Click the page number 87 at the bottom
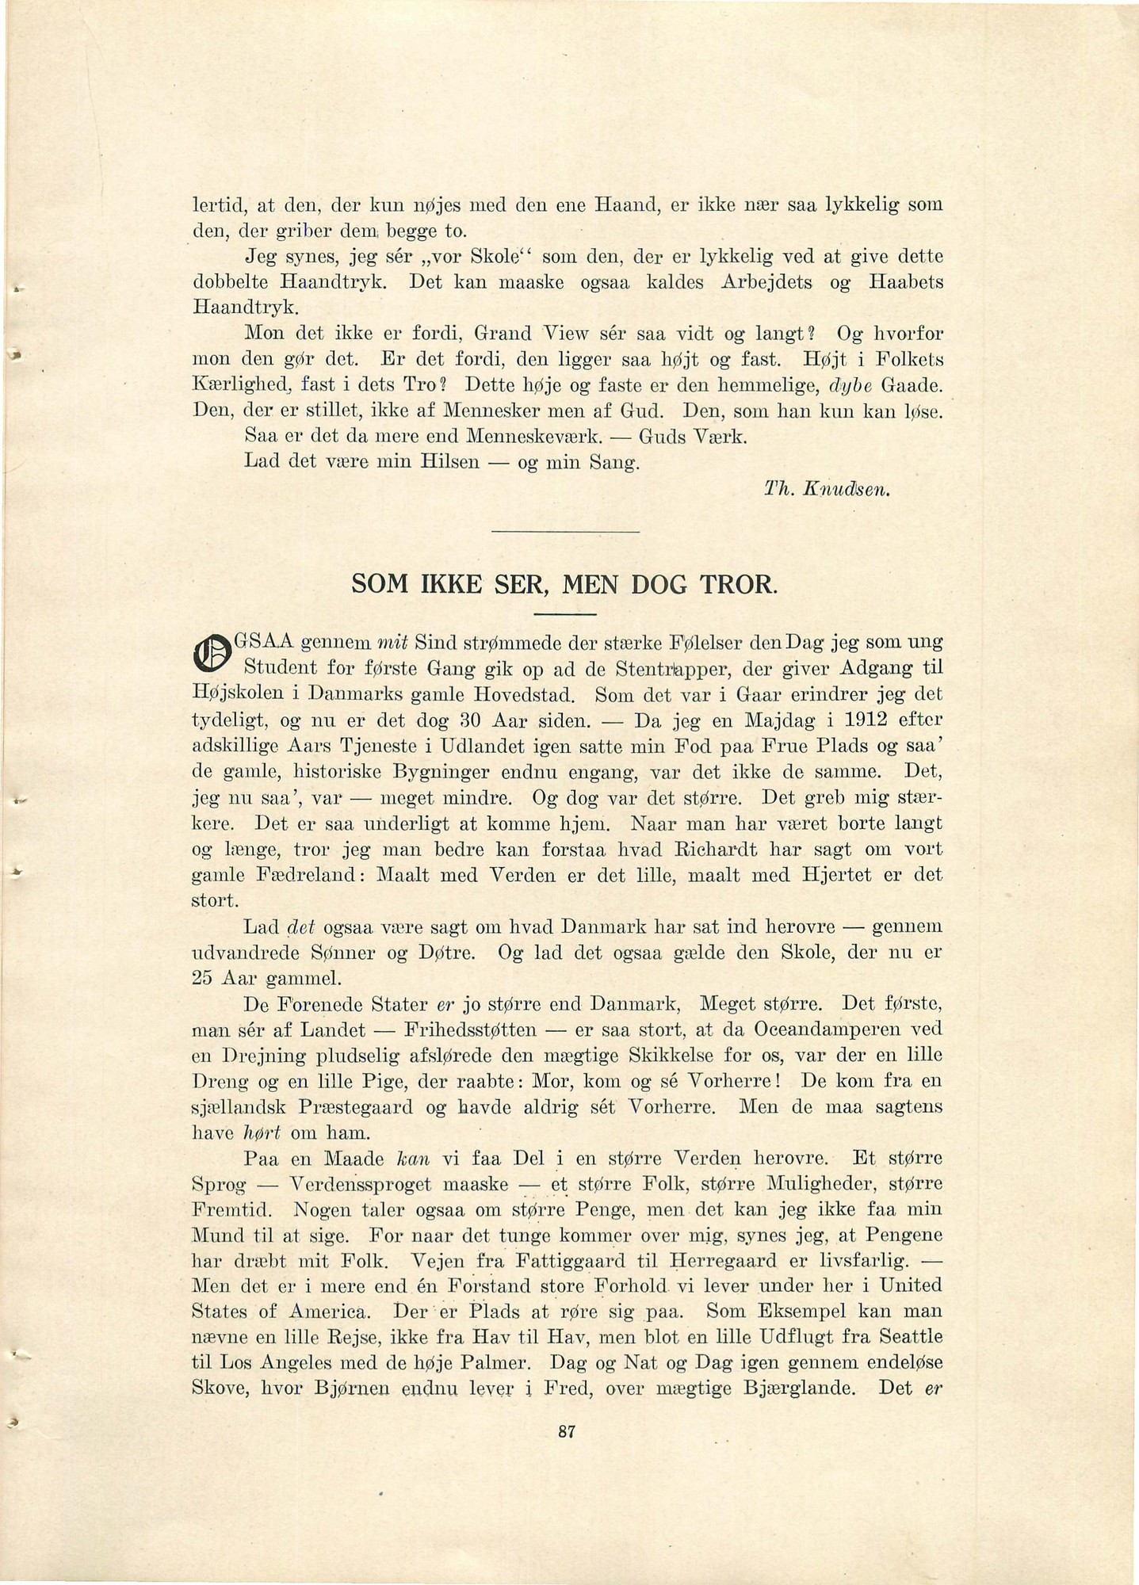pos(566,1431)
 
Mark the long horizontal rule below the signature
pos(565,530)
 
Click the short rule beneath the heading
pos(565,614)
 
